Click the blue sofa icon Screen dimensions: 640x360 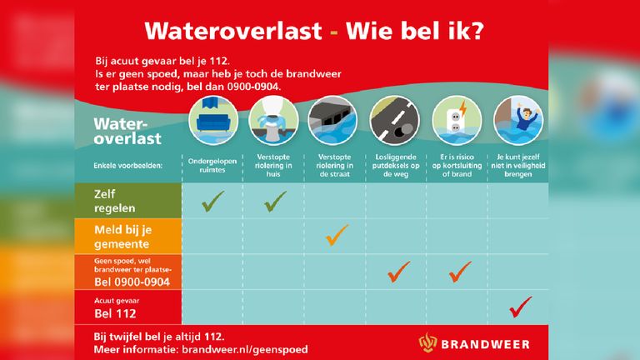[213, 121]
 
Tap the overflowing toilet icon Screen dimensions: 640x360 [273, 121]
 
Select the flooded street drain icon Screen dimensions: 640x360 [333, 121]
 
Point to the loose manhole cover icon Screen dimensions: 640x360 [395, 121]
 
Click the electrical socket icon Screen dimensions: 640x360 [457, 121]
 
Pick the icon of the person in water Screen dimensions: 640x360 [518, 121]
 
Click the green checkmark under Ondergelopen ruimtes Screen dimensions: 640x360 [212, 201]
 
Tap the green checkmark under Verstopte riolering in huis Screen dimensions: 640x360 [275, 201]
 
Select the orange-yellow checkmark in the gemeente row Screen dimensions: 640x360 [337, 235]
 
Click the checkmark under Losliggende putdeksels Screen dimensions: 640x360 [399, 272]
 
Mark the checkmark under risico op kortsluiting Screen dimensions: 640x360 [460, 272]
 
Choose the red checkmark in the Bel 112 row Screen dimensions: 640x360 [521, 307]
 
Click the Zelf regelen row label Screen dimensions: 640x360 [115, 201]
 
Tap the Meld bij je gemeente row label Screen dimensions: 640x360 [122, 237]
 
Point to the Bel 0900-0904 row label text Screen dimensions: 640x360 [132, 282]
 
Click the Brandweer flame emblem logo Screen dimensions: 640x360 [427, 342]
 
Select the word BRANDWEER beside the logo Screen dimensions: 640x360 [485, 344]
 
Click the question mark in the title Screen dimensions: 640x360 [476, 31]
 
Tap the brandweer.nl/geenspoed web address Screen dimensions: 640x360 [245, 350]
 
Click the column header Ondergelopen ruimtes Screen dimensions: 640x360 [212, 165]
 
